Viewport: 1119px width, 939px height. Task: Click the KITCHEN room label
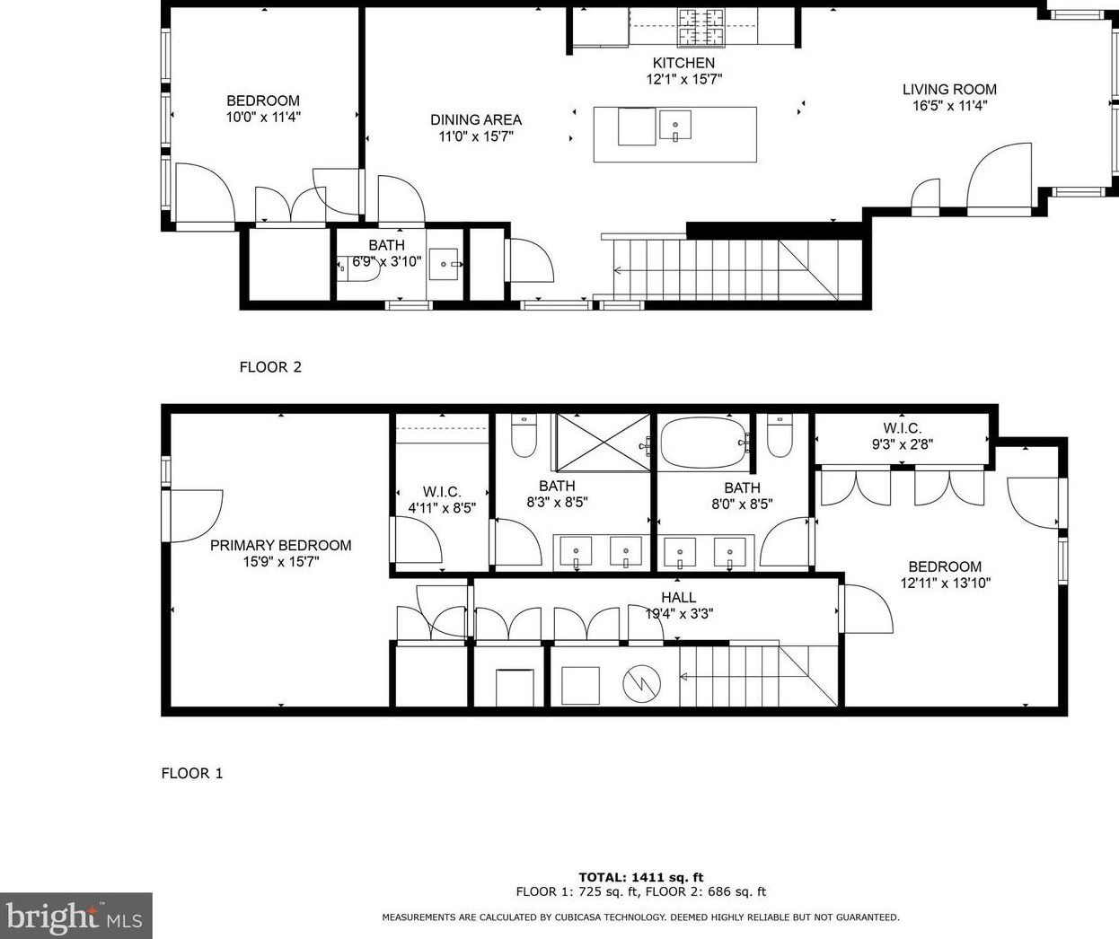pyautogui.click(x=683, y=63)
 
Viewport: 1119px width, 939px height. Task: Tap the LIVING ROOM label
pyautogui.click(x=949, y=89)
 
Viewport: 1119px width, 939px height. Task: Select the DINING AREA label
pyautogui.click(x=475, y=119)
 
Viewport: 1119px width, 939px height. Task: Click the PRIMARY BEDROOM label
pyautogui.click(x=280, y=545)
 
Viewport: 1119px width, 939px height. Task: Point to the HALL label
pyautogui.click(x=678, y=597)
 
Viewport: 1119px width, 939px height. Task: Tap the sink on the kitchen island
pyautogui.click(x=674, y=125)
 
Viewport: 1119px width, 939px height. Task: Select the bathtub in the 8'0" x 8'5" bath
pyautogui.click(x=703, y=442)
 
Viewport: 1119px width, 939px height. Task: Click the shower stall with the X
pyautogui.click(x=601, y=442)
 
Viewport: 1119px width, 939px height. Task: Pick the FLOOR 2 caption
pyautogui.click(x=270, y=366)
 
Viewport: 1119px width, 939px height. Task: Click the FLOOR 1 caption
pyautogui.click(x=192, y=773)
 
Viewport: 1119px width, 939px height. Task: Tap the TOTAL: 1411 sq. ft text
pyautogui.click(x=640, y=877)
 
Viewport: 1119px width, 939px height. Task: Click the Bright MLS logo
pyautogui.click(x=75, y=916)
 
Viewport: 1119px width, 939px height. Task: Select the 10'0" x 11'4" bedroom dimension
pyautogui.click(x=262, y=117)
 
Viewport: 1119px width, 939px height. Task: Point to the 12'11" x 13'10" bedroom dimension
pyautogui.click(x=945, y=583)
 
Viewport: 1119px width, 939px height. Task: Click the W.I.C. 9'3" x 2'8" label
pyautogui.click(x=902, y=435)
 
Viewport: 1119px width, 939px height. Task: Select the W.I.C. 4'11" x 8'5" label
pyautogui.click(x=442, y=499)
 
